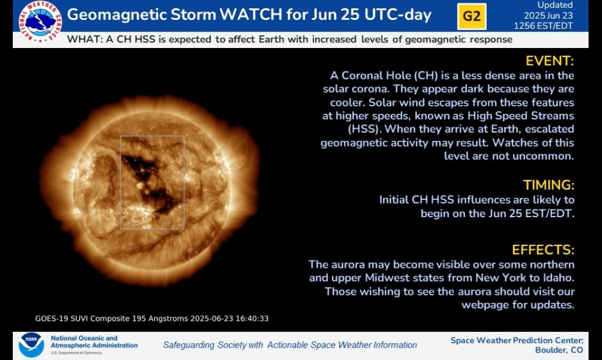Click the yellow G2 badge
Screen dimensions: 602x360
point(471,17)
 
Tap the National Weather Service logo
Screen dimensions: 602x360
point(40,21)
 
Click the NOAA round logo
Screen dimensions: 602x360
point(31,345)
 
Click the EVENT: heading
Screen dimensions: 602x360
point(549,61)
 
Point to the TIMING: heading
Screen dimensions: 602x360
point(549,184)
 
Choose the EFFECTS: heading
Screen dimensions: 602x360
point(543,250)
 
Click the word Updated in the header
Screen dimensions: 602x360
point(555,5)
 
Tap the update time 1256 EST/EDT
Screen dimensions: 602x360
point(543,26)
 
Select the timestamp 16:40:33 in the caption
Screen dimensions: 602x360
point(252,318)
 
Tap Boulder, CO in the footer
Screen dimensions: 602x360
point(559,350)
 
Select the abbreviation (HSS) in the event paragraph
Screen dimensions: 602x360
point(365,129)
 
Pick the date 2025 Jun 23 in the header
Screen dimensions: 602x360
point(548,15)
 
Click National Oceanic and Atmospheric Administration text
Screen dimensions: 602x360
point(94,341)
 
